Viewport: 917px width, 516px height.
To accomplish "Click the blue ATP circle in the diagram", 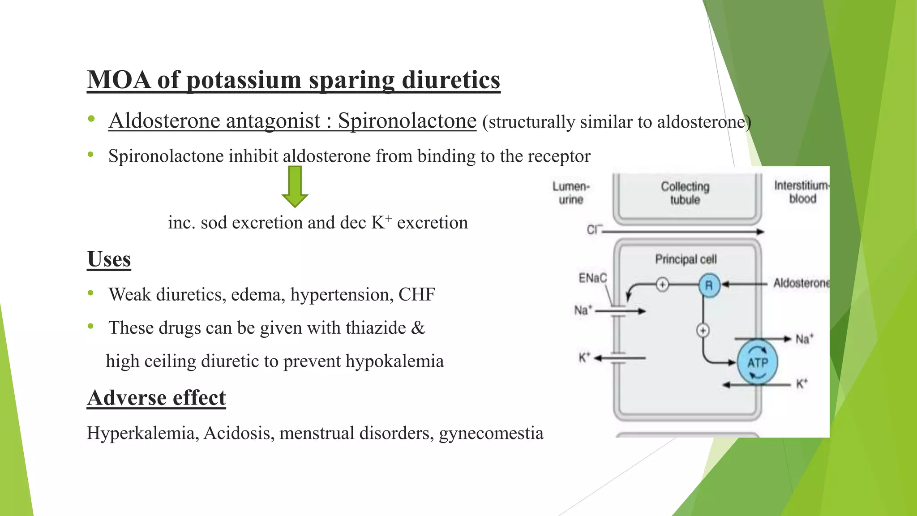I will point(757,362).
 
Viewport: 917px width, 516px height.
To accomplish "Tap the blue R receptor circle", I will point(709,285).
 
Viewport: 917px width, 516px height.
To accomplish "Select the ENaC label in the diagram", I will point(592,278).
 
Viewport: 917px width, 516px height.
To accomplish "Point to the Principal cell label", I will point(686,259).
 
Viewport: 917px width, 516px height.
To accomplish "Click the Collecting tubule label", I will point(685,193).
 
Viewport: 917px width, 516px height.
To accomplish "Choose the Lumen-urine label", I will point(571,193).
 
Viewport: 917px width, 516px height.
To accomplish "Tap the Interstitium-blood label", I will point(801,192).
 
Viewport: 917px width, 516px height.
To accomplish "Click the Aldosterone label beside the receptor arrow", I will point(801,283).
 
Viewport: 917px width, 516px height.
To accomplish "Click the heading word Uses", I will point(109,259).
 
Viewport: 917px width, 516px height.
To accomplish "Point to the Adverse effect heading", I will point(156,398).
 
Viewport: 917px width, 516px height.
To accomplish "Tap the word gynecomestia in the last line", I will point(491,433).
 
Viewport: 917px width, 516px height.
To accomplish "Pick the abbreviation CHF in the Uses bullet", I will point(416,295).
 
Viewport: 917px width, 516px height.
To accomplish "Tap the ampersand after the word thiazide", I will point(417,328).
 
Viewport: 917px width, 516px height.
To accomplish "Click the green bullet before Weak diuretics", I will point(91,293).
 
